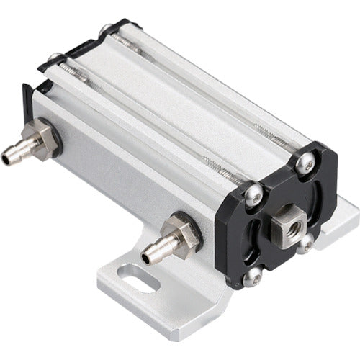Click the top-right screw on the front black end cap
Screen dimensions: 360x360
pos(307,165)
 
